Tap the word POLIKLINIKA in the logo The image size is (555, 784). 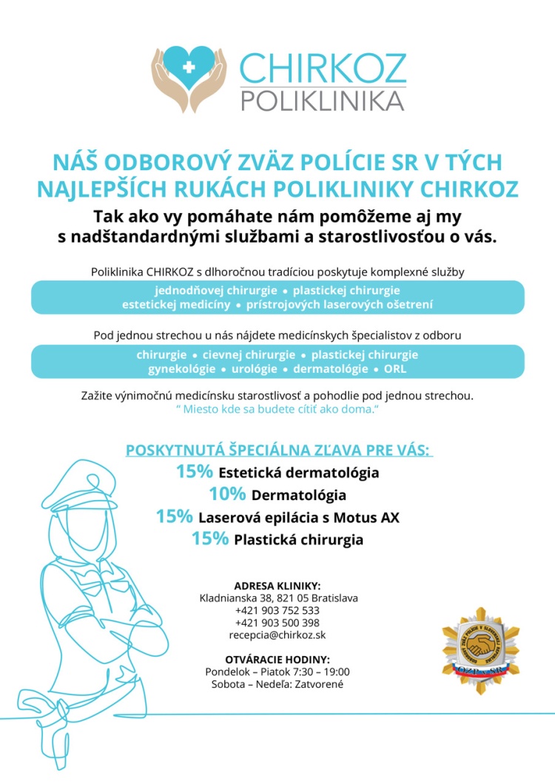(323, 100)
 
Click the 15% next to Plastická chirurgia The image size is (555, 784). (210, 539)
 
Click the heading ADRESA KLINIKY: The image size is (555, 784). (277, 586)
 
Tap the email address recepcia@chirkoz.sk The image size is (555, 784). (277, 635)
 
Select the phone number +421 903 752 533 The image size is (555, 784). (277, 610)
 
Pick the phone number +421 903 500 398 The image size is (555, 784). (277, 623)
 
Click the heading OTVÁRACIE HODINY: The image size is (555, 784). (277, 659)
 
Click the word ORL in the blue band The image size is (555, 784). (395, 368)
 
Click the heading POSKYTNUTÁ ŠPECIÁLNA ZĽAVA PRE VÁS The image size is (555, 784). (278, 450)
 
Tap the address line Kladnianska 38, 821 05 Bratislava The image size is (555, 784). (277, 598)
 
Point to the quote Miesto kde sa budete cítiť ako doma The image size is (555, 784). (277, 410)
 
